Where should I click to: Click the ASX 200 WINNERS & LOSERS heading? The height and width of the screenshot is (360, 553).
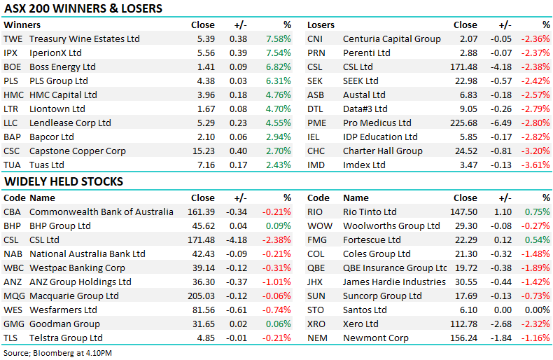coord(83,9)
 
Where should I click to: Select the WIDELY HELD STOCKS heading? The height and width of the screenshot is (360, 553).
coord(64,181)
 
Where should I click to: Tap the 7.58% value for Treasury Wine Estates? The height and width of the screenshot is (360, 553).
coord(278,39)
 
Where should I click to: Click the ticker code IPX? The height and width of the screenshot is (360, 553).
coord(11,53)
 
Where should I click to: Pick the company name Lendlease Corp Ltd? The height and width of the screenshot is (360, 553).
coord(70,123)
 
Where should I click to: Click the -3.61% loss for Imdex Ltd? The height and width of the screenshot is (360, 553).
coord(535,165)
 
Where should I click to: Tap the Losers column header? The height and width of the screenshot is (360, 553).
coord(321,25)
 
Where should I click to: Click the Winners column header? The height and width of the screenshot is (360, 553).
coord(22,25)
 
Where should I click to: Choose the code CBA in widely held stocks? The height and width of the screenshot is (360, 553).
coord(13,212)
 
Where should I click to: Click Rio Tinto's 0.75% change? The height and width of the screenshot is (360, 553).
coord(538,212)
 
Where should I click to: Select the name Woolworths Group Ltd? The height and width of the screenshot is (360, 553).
coord(391,226)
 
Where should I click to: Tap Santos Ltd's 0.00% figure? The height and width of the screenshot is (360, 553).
coord(538,310)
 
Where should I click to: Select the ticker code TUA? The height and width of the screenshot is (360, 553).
coord(12,165)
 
